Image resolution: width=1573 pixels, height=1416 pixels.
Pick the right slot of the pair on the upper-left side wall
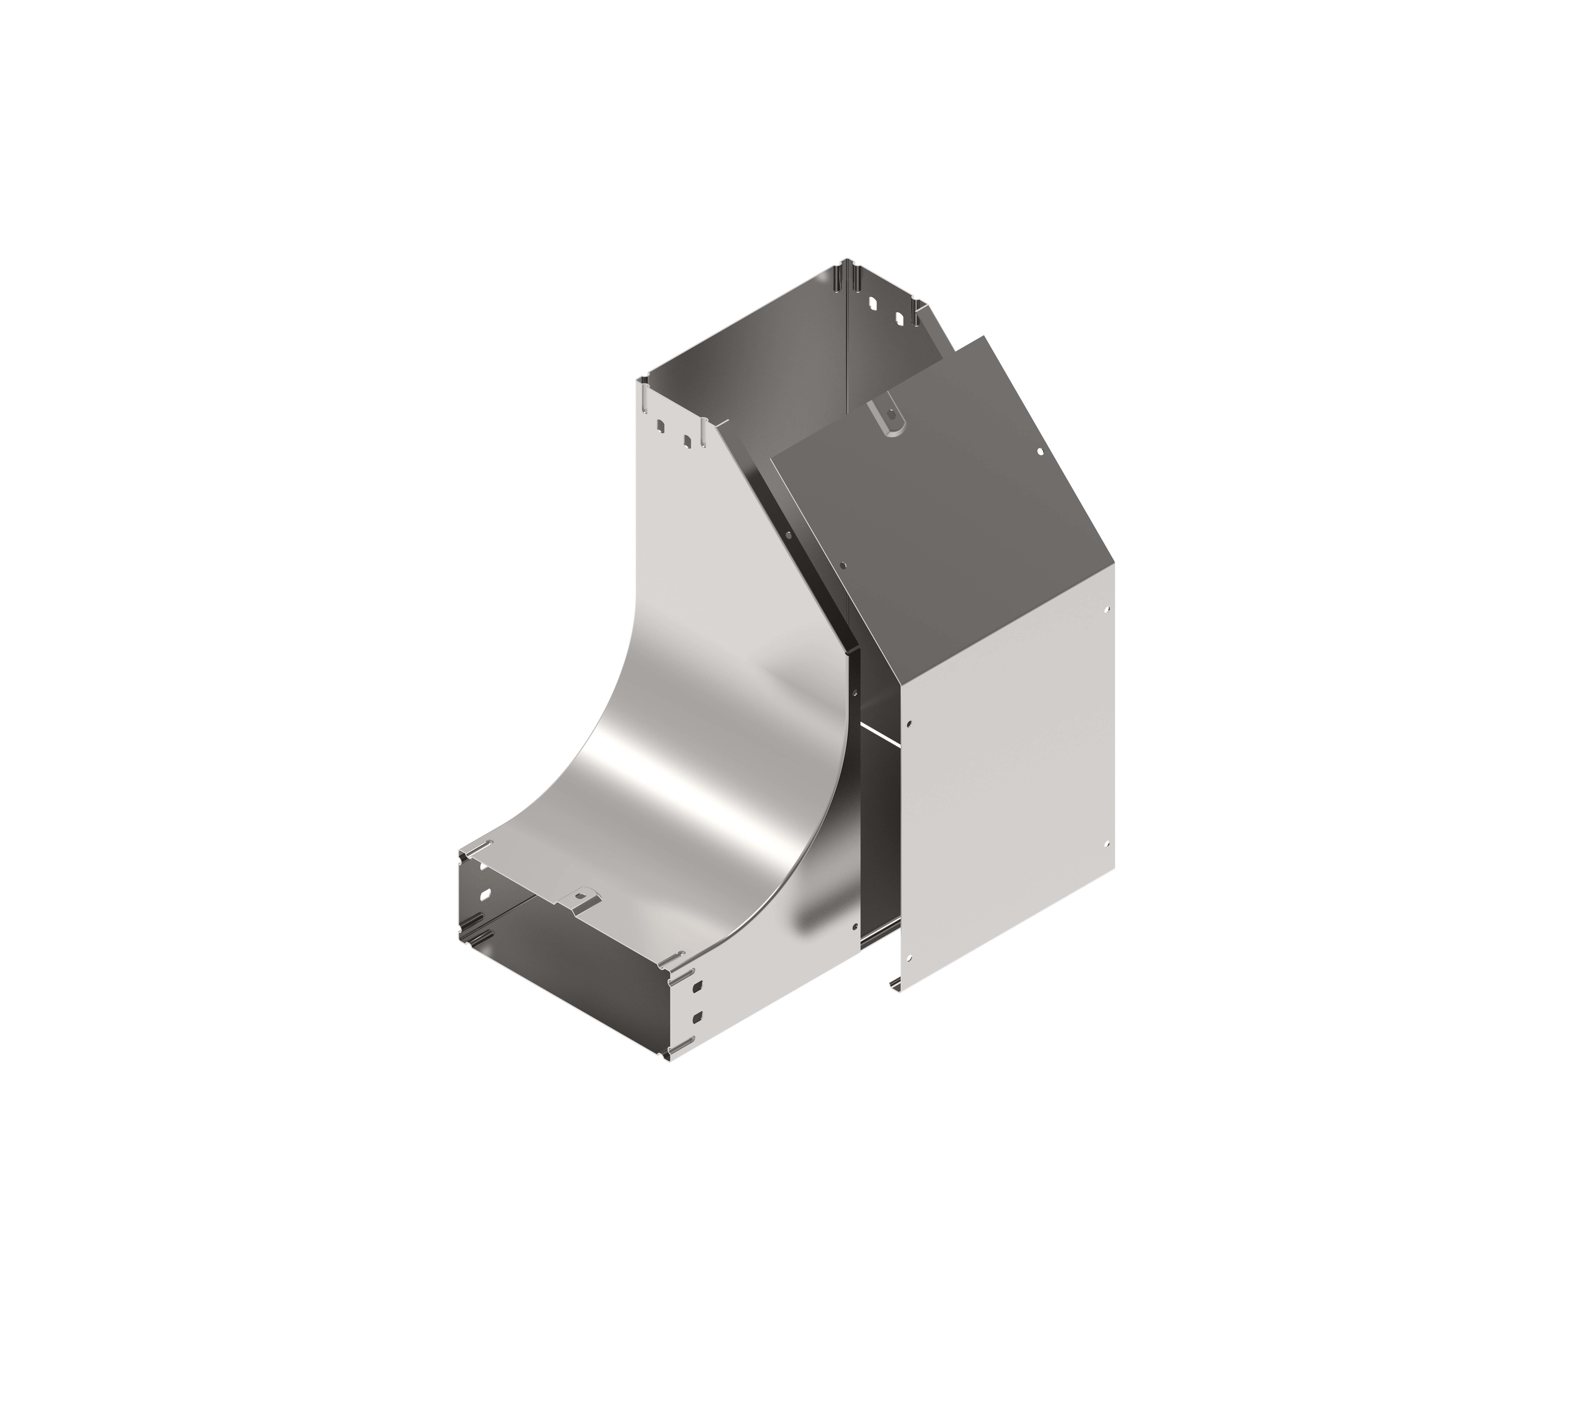point(686,441)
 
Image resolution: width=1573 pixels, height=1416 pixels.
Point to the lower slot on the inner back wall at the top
point(899,319)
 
